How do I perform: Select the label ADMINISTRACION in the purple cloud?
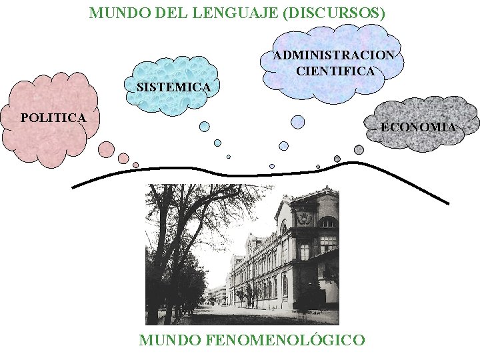[333, 55]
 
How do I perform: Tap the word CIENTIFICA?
[335, 70]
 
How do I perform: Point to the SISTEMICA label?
[173, 87]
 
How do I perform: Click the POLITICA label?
[53, 118]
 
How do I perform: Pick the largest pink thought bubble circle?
[106, 149]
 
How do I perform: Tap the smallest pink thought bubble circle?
[135, 165]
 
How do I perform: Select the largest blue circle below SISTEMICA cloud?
[205, 126]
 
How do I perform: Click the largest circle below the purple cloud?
[298, 121]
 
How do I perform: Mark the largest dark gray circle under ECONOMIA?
[359, 150]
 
